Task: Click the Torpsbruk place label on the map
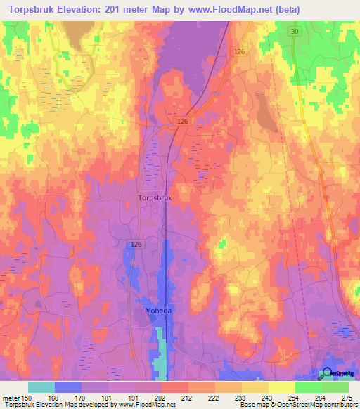coord(155,198)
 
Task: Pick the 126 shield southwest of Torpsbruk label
coord(136,243)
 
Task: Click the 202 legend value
coord(162,397)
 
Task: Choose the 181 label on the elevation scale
coord(108,397)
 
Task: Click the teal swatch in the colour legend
coord(41,387)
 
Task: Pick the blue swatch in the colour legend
coord(68,387)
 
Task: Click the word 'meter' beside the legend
coord(12,397)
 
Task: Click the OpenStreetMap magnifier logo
coord(327,372)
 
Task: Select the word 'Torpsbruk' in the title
coord(34,9)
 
